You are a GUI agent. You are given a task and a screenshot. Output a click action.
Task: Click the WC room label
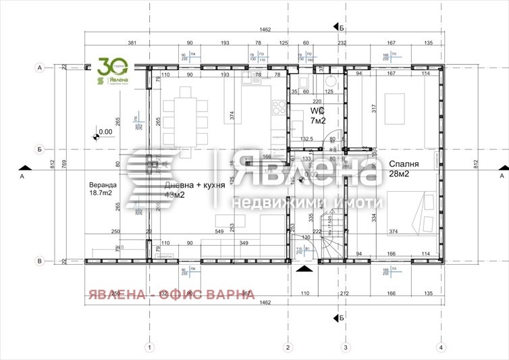(318, 110)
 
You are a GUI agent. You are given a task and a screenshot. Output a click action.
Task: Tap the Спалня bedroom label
(404, 163)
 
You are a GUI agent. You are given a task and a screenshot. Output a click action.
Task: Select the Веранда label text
(103, 184)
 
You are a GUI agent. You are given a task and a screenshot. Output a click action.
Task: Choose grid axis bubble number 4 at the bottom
(441, 348)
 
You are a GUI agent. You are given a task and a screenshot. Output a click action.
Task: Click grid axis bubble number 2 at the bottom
(288, 348)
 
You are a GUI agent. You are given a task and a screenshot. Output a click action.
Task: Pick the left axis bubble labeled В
(40, 261)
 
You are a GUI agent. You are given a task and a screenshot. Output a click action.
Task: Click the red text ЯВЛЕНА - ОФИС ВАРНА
(170, 294)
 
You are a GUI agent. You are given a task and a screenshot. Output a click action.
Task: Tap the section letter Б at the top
(342, 28)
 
